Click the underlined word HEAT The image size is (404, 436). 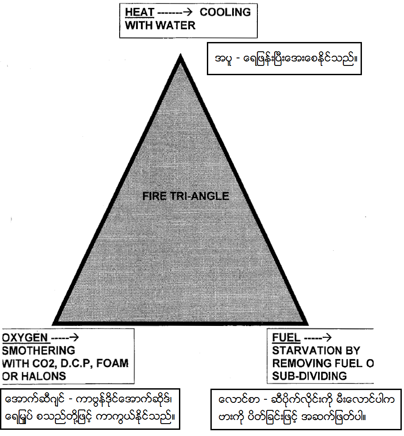138,12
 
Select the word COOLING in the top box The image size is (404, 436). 225,12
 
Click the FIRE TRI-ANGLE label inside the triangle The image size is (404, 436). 186,196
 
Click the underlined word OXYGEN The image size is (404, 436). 26,338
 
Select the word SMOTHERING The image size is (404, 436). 39,351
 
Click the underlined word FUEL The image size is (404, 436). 286,338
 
